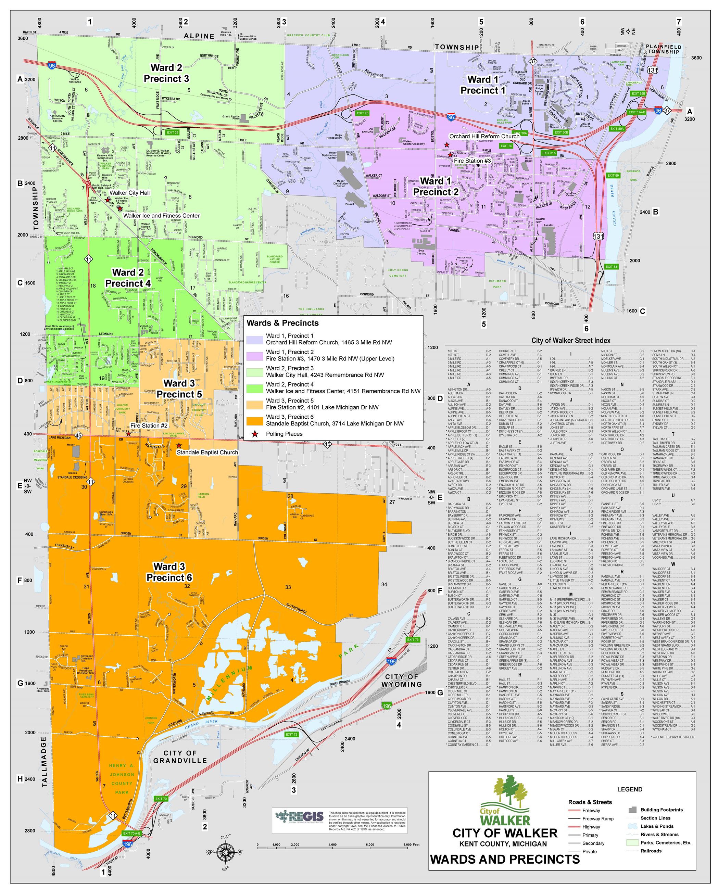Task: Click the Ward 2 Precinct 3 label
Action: (x=166, y=73)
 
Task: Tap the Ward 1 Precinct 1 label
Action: (x=483, y=85)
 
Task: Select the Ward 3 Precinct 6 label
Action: (x=169, y=572)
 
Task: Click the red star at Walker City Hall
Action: (x=108, y=200)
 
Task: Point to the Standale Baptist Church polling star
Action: (x=179, y=445)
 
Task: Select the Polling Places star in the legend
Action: (x=255, y=434)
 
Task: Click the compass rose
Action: (x=225, y=852)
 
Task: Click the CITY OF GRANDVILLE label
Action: (x=180, y=757)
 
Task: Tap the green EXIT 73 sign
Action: (x=413, y=639)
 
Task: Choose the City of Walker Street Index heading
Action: (x=570, y=341)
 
